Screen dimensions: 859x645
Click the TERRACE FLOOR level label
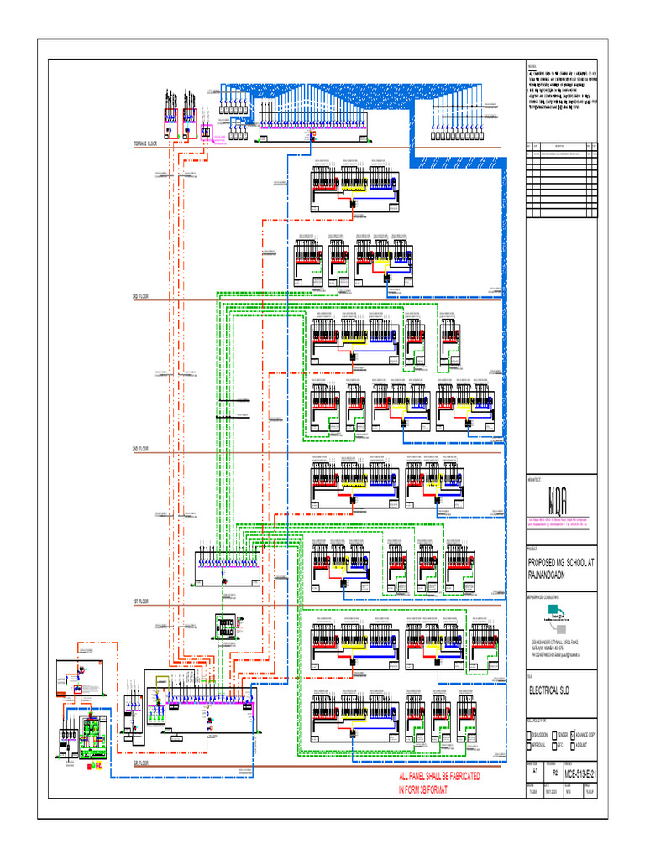(145, 143)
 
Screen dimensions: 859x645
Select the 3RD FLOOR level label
(140, 296)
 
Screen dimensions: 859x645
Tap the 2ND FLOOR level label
(140, 450)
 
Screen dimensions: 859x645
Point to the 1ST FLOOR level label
(140, 602)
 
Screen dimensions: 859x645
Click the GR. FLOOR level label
(140, 763)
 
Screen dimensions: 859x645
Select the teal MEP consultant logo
(554, 622)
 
